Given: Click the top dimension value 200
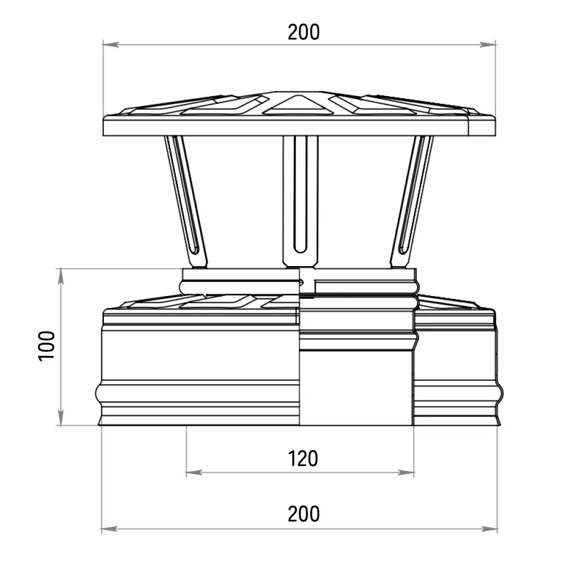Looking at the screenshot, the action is coord(303,32).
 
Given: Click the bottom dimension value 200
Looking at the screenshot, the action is coord(303,514).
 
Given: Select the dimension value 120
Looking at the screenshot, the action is coord(303,459).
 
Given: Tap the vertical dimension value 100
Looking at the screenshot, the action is coord(46,346).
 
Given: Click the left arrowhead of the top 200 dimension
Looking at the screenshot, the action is coord(111,45).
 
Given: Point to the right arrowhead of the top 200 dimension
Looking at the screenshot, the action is coord(488,45).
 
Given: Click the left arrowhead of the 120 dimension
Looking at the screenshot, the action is coord(194,472).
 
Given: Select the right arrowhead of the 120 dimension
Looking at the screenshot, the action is coord(406,472).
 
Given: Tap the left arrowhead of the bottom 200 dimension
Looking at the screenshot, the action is coord(109,529).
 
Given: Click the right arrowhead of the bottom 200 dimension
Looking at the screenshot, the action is coord(490,529).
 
